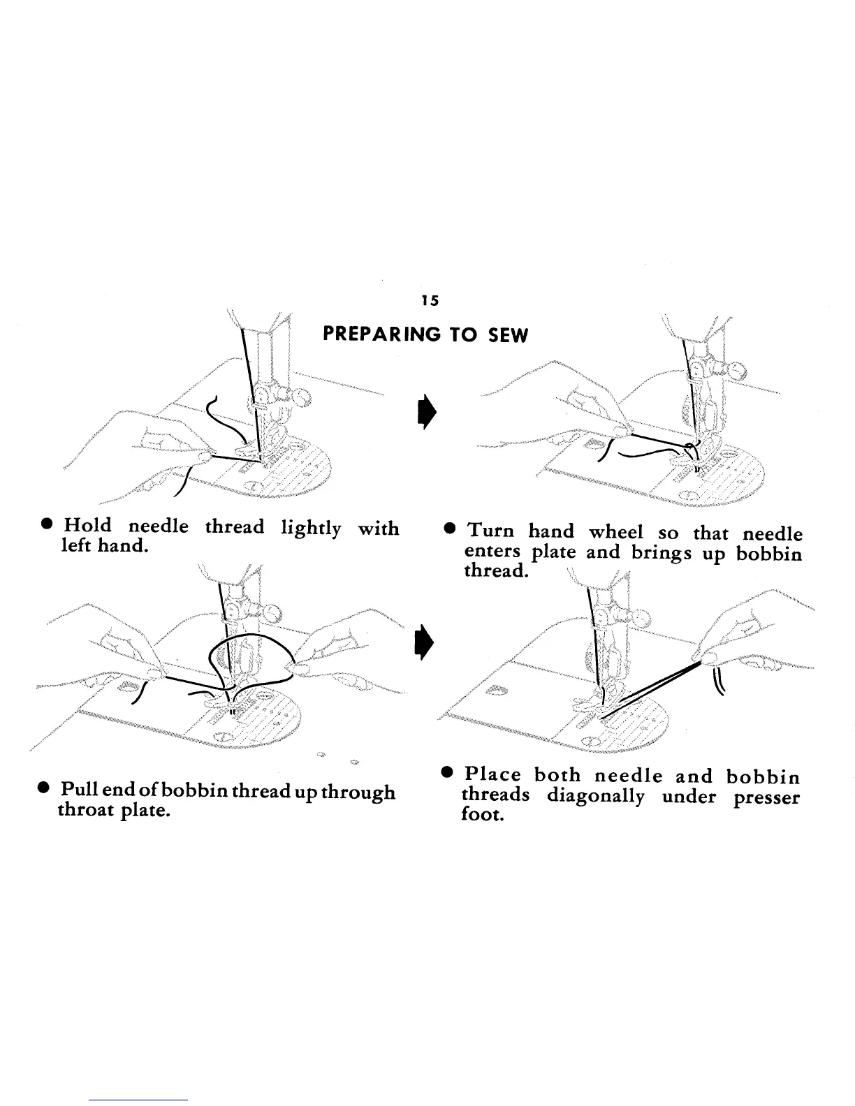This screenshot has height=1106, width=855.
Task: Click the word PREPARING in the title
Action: coord(381,336)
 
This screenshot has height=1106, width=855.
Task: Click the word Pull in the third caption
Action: coord(78,792)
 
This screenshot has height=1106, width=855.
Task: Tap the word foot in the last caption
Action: coord(482,815)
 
